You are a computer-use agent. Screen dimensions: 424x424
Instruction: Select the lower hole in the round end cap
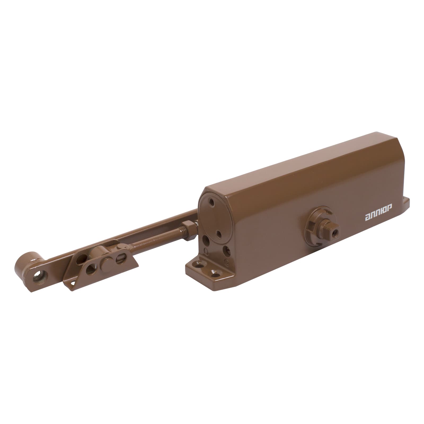219,234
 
